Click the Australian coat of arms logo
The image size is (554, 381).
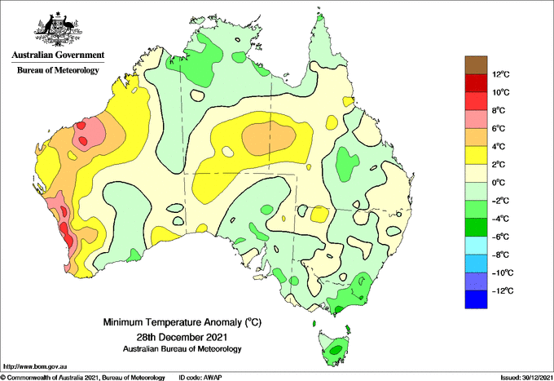(58, 29)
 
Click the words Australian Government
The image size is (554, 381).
(58, 55)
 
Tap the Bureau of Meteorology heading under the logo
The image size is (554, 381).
(58, 70)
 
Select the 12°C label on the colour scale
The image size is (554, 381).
(501, 74)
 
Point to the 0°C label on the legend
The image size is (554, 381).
(499, 183)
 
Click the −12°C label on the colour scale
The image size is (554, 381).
(502, 290)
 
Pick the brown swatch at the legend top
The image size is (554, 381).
(476, 65)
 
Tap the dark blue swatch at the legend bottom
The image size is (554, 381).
(476, 299)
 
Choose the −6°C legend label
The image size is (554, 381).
(500, 237)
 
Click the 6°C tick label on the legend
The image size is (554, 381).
(499, 128)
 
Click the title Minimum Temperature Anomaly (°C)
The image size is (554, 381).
(182, 322)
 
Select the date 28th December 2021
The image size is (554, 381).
(182, 336)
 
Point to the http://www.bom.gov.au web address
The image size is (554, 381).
(35, 366)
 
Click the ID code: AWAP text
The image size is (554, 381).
(200, 378)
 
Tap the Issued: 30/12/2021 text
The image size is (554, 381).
(526, 378)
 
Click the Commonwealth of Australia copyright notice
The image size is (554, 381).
(83, 378)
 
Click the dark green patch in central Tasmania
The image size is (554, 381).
(336, 349)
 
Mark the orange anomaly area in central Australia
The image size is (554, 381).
(269, 138)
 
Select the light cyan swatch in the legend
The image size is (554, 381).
(476, 246)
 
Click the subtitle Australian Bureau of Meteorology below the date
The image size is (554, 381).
(182, 349)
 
